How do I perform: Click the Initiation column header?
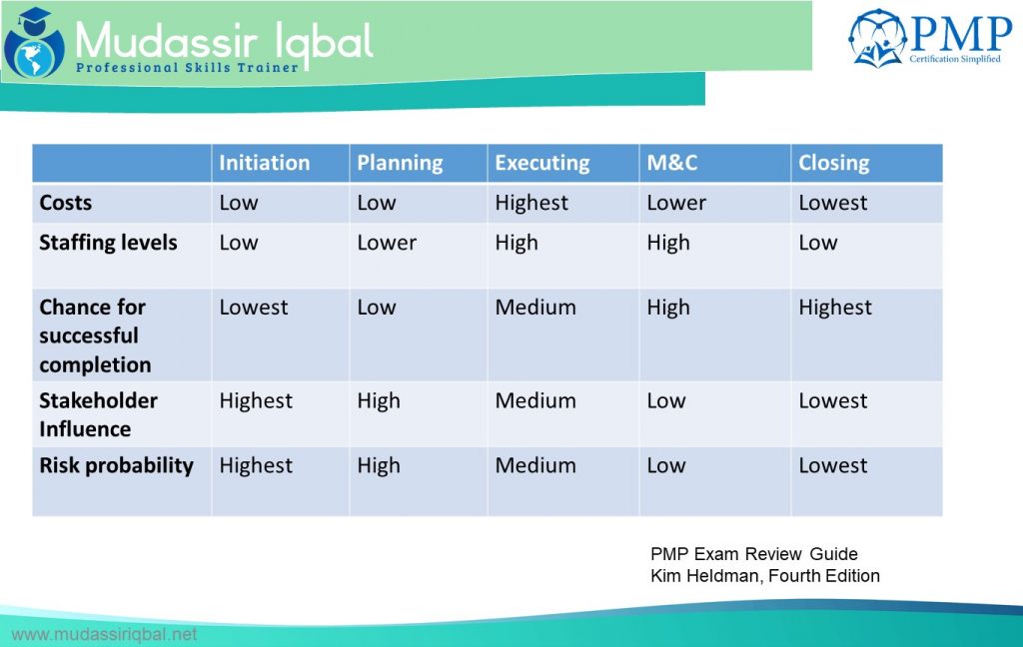[265, 163]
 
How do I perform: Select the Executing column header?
[541, 163]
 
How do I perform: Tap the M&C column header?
[671, 163]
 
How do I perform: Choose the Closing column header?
[833, 163]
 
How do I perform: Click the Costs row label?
[65, 203]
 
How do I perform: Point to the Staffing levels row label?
[108, 243]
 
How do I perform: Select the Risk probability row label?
[116, 465]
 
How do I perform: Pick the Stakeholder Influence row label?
[98, 414]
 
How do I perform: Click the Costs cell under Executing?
[531, 203]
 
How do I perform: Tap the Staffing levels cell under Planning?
[387, 243]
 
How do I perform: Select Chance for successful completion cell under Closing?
[835, 308]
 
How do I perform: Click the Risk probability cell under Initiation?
[256, 465]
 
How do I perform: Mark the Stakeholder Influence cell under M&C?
[665, 400]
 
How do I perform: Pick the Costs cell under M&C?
[675, 203]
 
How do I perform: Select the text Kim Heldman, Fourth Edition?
[764, 575]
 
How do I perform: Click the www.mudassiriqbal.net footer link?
[104, 634]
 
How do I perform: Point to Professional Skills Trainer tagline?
[188, 68]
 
